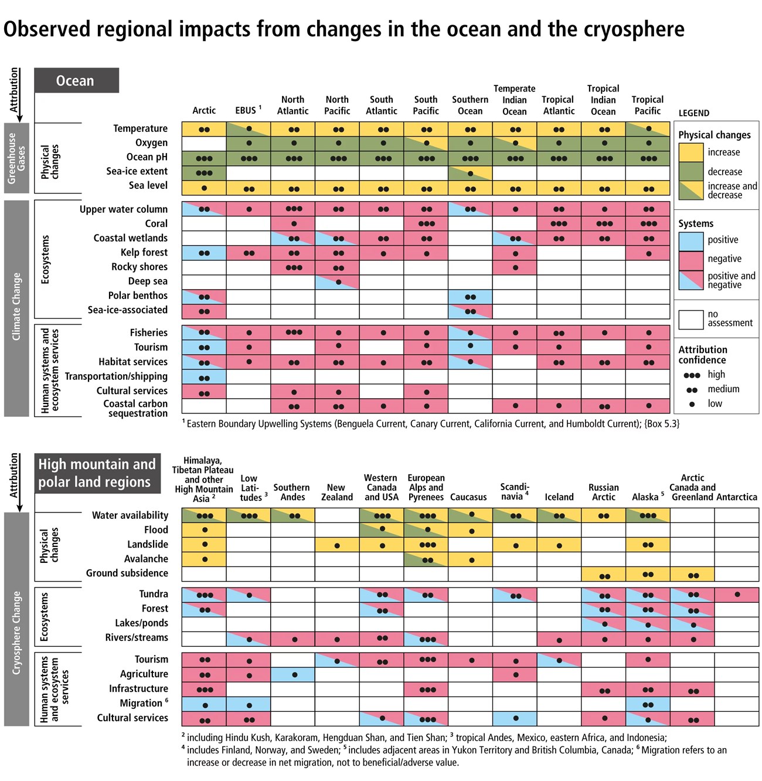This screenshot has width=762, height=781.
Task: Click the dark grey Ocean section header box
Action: (76, 80)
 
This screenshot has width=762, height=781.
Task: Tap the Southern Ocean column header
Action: (470, 105)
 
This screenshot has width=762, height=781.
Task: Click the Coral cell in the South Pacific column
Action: (426, 223)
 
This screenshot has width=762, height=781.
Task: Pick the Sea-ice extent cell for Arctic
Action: (204, 173)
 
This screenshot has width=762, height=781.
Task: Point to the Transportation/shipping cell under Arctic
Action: (204, 377)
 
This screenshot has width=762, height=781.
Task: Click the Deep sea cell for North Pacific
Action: (337, 281)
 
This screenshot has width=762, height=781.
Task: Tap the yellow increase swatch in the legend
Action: (690, 152)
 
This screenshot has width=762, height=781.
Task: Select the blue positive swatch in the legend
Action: (690, 240)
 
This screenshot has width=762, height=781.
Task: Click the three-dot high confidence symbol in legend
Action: (692, 375)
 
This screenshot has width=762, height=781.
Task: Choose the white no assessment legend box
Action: (690, 319)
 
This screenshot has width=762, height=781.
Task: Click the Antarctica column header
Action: (737, 497)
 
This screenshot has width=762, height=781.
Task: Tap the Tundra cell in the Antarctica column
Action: (737, 595)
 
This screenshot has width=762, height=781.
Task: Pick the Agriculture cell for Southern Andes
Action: (293, 674)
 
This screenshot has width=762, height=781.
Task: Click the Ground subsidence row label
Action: (127, 573)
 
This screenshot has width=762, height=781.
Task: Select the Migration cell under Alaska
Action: (648, 704)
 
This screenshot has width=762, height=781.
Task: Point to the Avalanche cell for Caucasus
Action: (470, 559)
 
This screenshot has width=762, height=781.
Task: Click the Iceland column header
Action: (559, 497)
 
